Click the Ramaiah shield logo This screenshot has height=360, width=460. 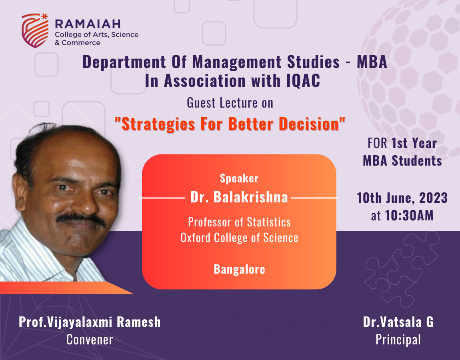pyautogui.click(x=35, y=30)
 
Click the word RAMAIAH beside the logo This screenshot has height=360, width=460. pyautogui.click(x=88, y=24)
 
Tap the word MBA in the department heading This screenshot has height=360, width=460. pyautogui.click(x=372, y=62)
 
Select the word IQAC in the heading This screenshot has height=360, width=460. pyautogui.click(x=303, y=81)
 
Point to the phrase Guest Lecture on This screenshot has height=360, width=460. pyautogui.click(x=230, y=103)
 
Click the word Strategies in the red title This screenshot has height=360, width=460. pyautogui.click(x=158, y=124)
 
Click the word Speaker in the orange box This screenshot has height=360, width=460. pyautogui.click(x=239, y=178)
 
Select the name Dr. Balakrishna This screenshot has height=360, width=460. pyautogui.click(x=239, y=197)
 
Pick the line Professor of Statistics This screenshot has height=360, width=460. pyautogui.click(x=239, y=222)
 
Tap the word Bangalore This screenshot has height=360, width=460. pyautogui.click(x=239, y=269)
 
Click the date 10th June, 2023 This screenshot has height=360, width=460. pyautogui.click(x=402, y=198)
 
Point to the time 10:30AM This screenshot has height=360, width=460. pyautogui.click(x=409, y=215)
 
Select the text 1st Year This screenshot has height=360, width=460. pyautogui.click(x=414, y=143)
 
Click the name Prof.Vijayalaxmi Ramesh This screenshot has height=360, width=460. pyautogui.click(x=90, y=322)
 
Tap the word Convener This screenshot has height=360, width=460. pyautogui.click(x=90, y=340)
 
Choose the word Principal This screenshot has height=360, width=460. pyautogui.click(x=398, y=340)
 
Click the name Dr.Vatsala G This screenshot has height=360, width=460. pyautogui.click(x=398, y=322)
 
